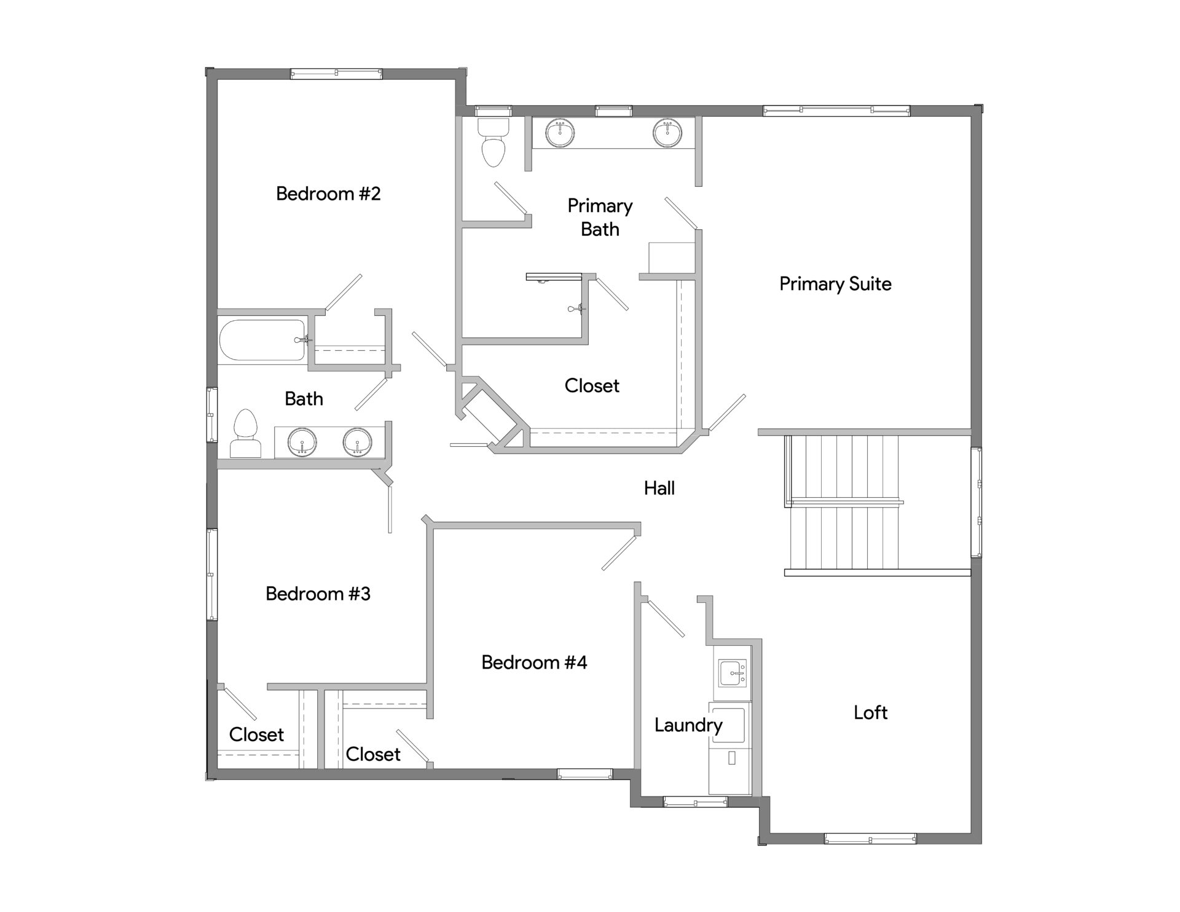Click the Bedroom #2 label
tap(328, 194)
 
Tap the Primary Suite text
tap(835, 284)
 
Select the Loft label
tap(870, 712)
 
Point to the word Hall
tap(659, 488)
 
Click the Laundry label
tap(688, 725)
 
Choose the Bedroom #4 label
tap(534, 662)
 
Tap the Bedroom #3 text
tap(318, 594)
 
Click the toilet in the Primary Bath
tap(494, 143)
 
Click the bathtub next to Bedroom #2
tap(262, 340)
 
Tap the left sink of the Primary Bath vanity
tap(560, 133)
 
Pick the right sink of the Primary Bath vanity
tap(667, 133)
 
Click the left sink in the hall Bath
tap(302, 442)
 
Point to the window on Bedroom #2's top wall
tap(336, 74)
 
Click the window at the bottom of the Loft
tap(870, 838)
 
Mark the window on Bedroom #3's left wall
tap(211, 574)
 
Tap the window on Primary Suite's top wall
tap(836, 111)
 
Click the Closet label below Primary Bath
tap(592, 386)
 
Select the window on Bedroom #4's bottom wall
tap(584, 774)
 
